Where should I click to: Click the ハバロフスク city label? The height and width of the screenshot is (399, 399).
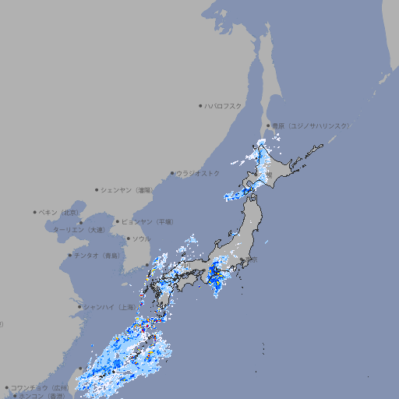(x=224, y=105)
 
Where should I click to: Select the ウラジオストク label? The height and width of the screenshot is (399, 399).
(x=198, y=173)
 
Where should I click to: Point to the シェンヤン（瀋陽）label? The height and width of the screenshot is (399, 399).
(x=127, y=189)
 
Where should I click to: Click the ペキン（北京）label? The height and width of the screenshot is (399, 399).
(x=59, y=212)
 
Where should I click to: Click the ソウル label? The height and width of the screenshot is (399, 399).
(x=140, y=238)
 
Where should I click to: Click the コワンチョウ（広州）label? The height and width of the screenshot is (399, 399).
(x=39, y=387)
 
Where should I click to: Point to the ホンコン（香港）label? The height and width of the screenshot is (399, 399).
(x=41, y=396)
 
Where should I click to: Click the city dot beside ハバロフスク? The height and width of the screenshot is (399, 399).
(x=200, y=105)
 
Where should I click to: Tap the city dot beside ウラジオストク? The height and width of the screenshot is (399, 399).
(x=172, y=173)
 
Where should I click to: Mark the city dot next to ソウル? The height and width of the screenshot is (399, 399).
(x=127, y=238)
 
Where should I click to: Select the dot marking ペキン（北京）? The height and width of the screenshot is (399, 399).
(x=35, y=212)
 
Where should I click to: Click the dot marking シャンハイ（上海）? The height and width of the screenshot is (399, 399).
(x=79, y=306)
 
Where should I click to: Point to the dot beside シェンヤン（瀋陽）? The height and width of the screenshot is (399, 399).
(x=97, y=189)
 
